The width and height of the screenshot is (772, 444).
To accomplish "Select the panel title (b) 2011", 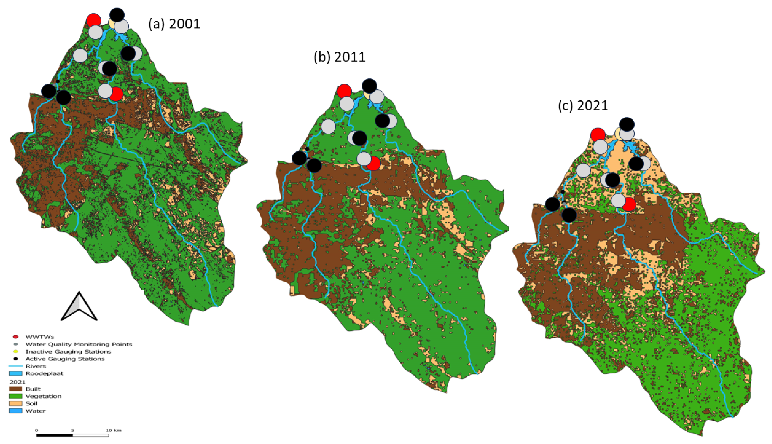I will pos(339,57).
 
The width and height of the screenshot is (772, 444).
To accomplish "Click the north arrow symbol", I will pos(79,307).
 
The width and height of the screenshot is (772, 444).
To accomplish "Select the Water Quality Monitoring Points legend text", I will pos(79,344).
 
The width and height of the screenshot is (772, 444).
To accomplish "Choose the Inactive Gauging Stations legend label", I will pos(68,351).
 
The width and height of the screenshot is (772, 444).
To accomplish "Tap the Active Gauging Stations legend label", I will pos(65,359).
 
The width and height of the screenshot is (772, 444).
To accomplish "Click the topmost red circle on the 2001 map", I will pos(94,20).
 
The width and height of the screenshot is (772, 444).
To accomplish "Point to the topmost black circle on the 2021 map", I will pos(627,124).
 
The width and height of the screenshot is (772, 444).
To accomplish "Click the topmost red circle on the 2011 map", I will pos(344,91).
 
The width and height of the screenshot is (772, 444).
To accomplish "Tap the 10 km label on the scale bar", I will pos(113,430).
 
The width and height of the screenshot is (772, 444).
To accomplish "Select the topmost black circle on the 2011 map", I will pos(369,86).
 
